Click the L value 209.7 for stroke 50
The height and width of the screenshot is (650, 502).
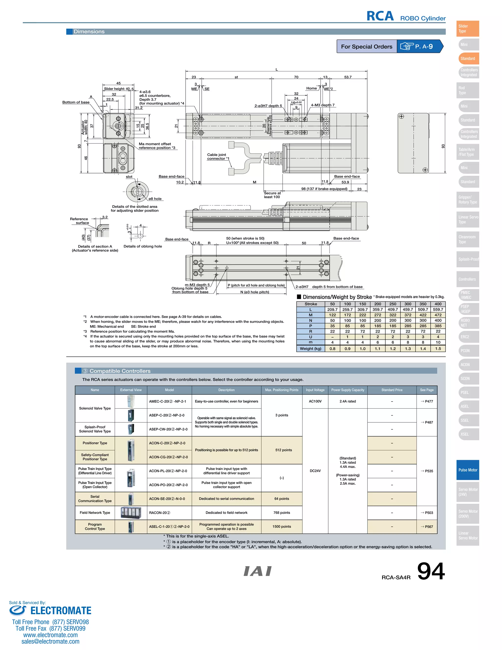(332, 310)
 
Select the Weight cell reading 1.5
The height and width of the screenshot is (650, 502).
(438, 349)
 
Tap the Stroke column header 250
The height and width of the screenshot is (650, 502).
(393, 304)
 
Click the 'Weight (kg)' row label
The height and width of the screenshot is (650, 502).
(311, 349)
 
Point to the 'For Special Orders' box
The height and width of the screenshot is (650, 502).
(366, 46)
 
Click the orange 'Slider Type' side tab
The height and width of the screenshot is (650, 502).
(467, 28)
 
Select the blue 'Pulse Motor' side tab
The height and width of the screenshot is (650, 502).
(467, 470)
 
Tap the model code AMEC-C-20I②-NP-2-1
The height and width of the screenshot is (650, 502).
(167, 401)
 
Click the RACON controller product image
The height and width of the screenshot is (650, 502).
(131, 512)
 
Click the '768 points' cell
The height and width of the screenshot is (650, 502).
(281, 512)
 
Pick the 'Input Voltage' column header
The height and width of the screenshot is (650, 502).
(315, 390)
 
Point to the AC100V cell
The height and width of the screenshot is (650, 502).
(315, 401)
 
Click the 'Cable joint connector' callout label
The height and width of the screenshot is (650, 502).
(218, 156)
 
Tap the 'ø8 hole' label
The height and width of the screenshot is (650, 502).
(155, 199)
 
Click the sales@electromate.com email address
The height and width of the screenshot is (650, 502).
(50, 641)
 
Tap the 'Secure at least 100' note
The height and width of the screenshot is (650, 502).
(272, 195)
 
